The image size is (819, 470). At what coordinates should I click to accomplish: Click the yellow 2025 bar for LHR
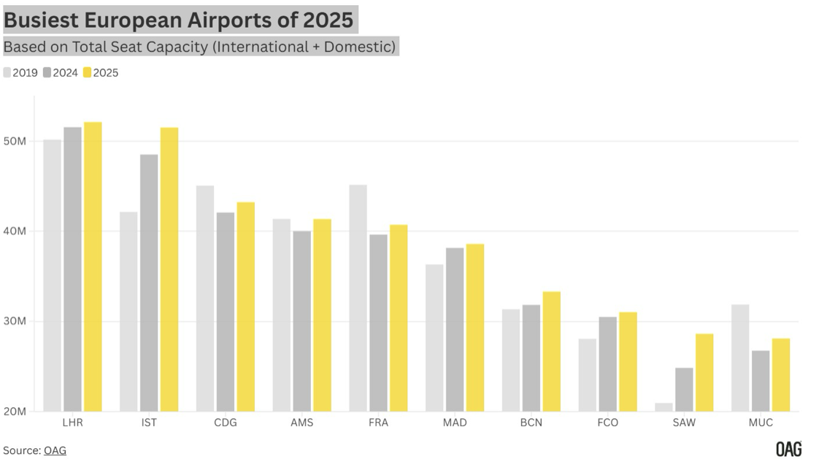coord(93,266)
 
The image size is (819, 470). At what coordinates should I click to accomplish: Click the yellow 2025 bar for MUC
coord(781,375)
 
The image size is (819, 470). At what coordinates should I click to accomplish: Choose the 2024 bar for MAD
coord(455,329)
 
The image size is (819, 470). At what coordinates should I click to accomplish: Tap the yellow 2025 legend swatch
coord(87,72)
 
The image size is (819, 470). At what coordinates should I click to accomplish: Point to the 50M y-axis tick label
coord(15,141)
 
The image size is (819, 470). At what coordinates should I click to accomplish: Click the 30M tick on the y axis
coord(15,321)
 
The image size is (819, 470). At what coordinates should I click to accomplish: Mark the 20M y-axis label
coord(15,412)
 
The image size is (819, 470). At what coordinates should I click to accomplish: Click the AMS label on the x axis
coord(301,423)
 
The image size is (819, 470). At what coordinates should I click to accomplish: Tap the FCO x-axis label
coord(607,423)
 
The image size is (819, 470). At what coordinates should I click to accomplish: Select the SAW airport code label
coord(684,423)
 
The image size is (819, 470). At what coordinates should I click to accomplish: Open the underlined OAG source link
coord(55,450)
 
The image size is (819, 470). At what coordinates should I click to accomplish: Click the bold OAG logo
coord(788,449)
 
